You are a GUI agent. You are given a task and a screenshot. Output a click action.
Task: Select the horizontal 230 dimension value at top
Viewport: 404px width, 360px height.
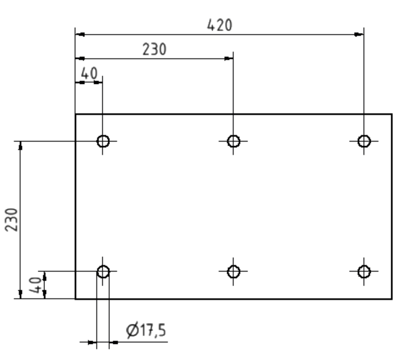154,49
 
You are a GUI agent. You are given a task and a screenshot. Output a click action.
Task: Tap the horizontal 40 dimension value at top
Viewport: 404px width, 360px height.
89,73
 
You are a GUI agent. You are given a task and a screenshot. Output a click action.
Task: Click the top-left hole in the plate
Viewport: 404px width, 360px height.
103,141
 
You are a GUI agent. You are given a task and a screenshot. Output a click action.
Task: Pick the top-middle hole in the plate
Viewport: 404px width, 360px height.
234,141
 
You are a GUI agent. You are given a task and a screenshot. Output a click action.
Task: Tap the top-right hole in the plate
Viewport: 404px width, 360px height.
364,141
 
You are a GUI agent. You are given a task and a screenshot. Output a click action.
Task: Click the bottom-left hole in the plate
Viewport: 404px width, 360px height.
103,272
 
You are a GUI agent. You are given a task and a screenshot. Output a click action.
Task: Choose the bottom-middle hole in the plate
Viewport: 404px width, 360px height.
234,272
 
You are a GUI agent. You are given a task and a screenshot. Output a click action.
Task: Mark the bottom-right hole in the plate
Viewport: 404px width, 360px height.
364,272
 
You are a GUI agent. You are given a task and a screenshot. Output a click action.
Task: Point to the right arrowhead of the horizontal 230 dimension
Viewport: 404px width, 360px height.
229,58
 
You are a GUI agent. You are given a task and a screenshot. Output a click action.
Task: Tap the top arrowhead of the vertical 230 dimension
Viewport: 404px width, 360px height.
21,145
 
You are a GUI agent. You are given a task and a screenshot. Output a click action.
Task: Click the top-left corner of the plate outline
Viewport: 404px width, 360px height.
75,114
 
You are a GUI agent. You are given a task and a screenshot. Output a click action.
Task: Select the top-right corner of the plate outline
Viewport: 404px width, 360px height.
392,114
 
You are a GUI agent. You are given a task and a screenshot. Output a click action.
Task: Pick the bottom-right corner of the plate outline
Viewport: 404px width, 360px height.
392,299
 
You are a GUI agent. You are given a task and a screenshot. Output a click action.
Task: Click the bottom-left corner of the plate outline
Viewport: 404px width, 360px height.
75,299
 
